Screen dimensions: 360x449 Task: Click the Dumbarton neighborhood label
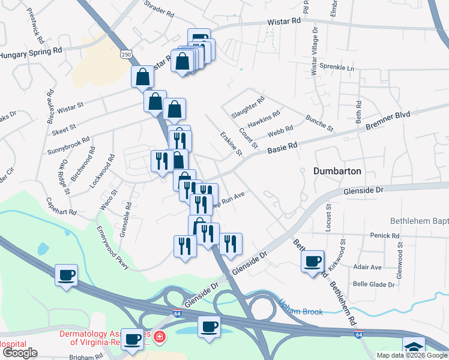[337, 171]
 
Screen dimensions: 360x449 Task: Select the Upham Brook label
[301, 311]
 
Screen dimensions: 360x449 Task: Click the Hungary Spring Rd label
[31, 53]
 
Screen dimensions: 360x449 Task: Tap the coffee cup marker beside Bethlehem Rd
[312, 262]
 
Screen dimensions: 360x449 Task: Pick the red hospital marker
[158, 337]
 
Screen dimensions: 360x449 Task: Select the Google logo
[20, 353]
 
